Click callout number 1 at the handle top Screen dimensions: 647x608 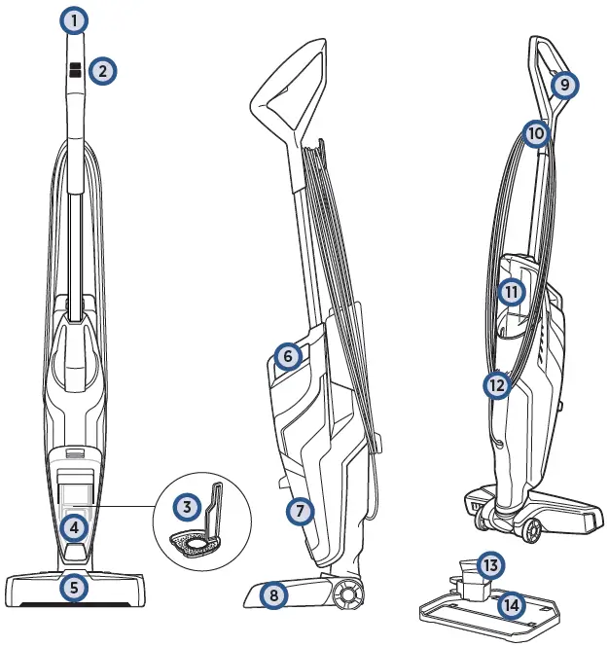tap(74, 19)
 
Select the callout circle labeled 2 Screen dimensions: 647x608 tap(102, 70)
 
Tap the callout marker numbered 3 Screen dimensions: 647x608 tap(187, 506)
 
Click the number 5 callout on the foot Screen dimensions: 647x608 tap(74, 587)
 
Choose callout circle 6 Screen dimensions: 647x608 tap(287, 357)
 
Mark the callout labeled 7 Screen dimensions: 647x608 tap(301, 510)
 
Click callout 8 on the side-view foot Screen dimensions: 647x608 tap(275, 594)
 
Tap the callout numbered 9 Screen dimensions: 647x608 tap(563, 85)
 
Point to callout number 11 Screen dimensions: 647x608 tap(511, 291)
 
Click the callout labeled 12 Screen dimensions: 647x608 tap(497, 385)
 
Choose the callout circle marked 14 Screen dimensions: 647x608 tap(511, 605)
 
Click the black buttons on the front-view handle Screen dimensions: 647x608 tap(75, 70)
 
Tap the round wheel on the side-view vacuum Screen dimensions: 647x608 tap(345, 593)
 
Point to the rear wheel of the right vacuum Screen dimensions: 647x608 tap(531, 531)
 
